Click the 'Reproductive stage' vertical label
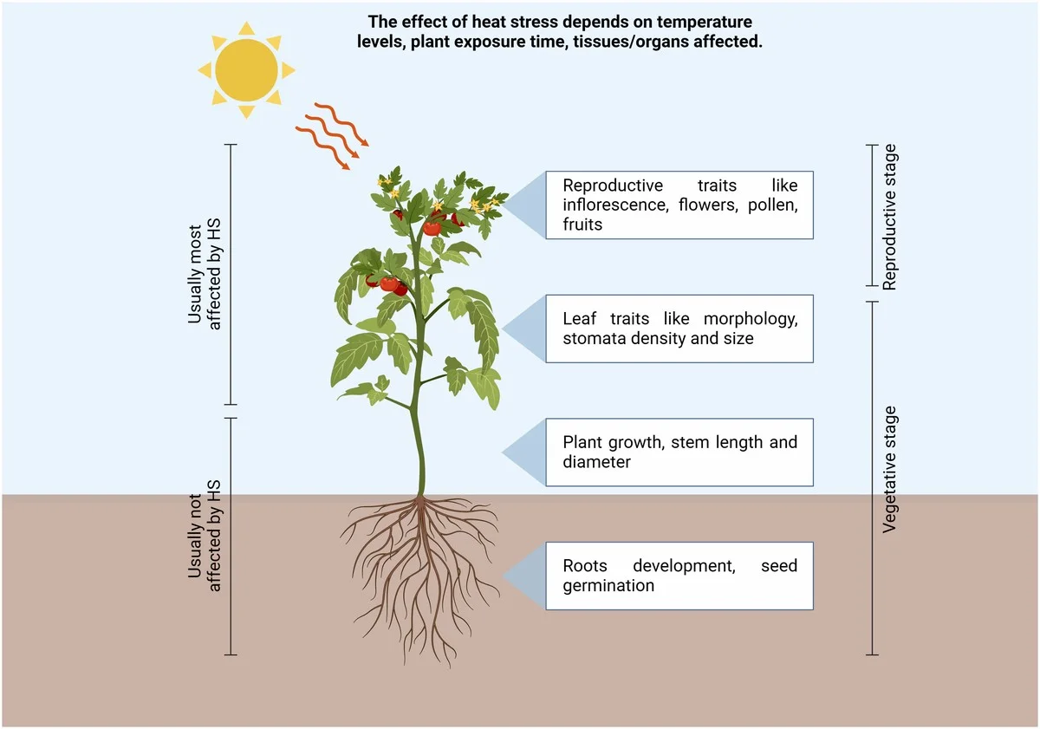pyautogui.click(x=890, y=217)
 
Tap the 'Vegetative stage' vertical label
pyautogui.click(x=890, y=469)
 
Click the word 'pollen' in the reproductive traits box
pyautogui.click(x=766, y=205)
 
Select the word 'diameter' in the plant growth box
pyautogui.click(x=596, y=462)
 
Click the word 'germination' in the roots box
pyautogui.click(x=608, y=585)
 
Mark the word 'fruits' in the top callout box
pyautogui.click(x=582, y=224)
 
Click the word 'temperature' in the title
pyautogui.click(x=703, y=21)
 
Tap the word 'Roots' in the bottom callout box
pyautogui.click(x=585, y=566)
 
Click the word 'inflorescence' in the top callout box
pyautogui.click(x=612, y=205)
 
